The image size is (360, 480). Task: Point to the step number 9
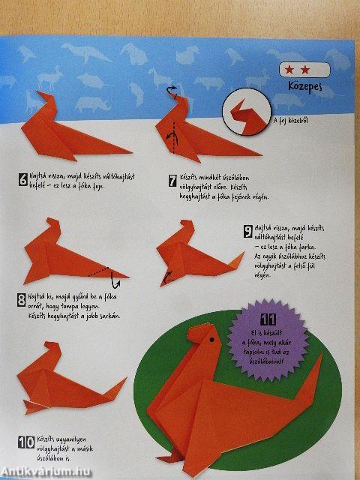click(247, 232)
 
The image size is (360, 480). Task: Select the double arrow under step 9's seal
click(166, 277)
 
